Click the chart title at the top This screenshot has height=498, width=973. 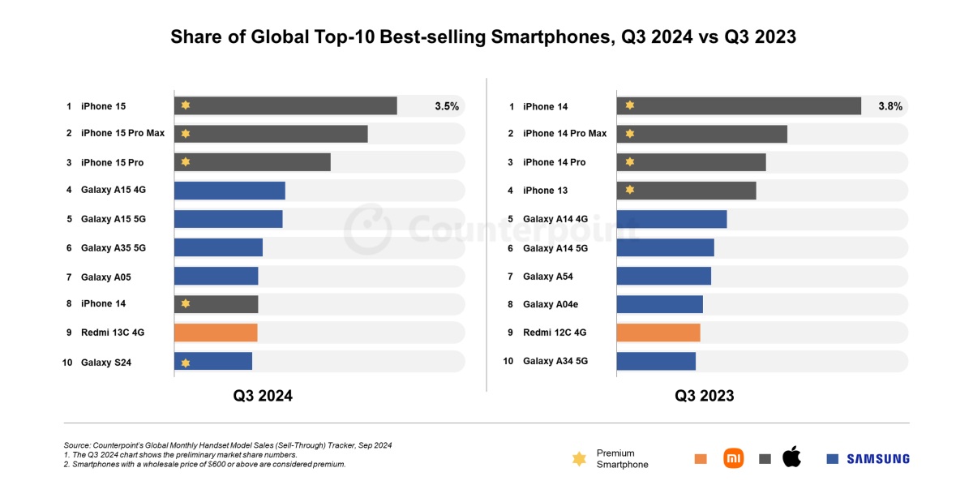coord(483,37)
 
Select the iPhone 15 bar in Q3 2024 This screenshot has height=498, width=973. coord(285,105)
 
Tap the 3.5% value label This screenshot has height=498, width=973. coord(447,105)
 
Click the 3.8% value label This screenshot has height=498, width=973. coord(890,105)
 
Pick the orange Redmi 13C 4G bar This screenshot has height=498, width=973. coord(216,333)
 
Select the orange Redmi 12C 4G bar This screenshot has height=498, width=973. coord(658,333)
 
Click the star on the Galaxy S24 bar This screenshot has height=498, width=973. coord(186,363)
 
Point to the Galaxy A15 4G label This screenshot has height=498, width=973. coord(114,190)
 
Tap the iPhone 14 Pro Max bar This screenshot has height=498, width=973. coord(701,134)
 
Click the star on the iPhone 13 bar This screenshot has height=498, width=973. coord(629,191)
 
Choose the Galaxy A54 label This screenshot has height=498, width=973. coord(548,277)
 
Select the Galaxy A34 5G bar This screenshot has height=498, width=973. coord(656,361)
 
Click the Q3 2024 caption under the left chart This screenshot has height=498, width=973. coord(263,396)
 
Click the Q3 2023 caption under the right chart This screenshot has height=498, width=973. coord(705,396)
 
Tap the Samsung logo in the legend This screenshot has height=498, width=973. coord(878,459)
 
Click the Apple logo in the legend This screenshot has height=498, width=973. coord(791,457)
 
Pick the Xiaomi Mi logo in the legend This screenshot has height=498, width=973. coord(733,458)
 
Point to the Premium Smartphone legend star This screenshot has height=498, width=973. coord(579,459)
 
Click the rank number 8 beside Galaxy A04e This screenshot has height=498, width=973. coord(511,304)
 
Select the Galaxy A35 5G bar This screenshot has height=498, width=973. coord(218,247)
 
